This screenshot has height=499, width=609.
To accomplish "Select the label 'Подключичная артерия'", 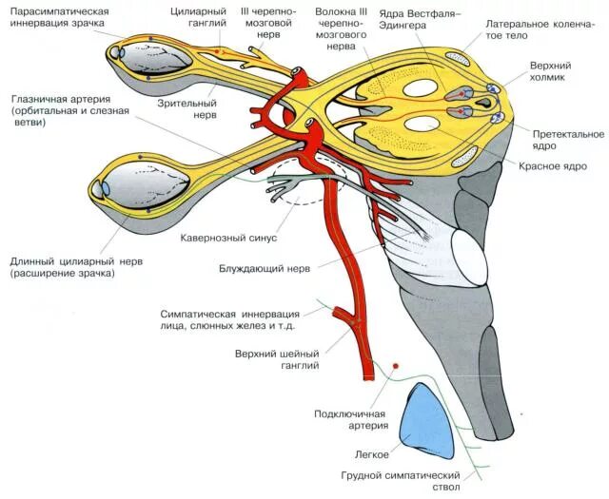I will coord(350,420).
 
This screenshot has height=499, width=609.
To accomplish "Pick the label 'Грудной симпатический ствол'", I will coord(401,481).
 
